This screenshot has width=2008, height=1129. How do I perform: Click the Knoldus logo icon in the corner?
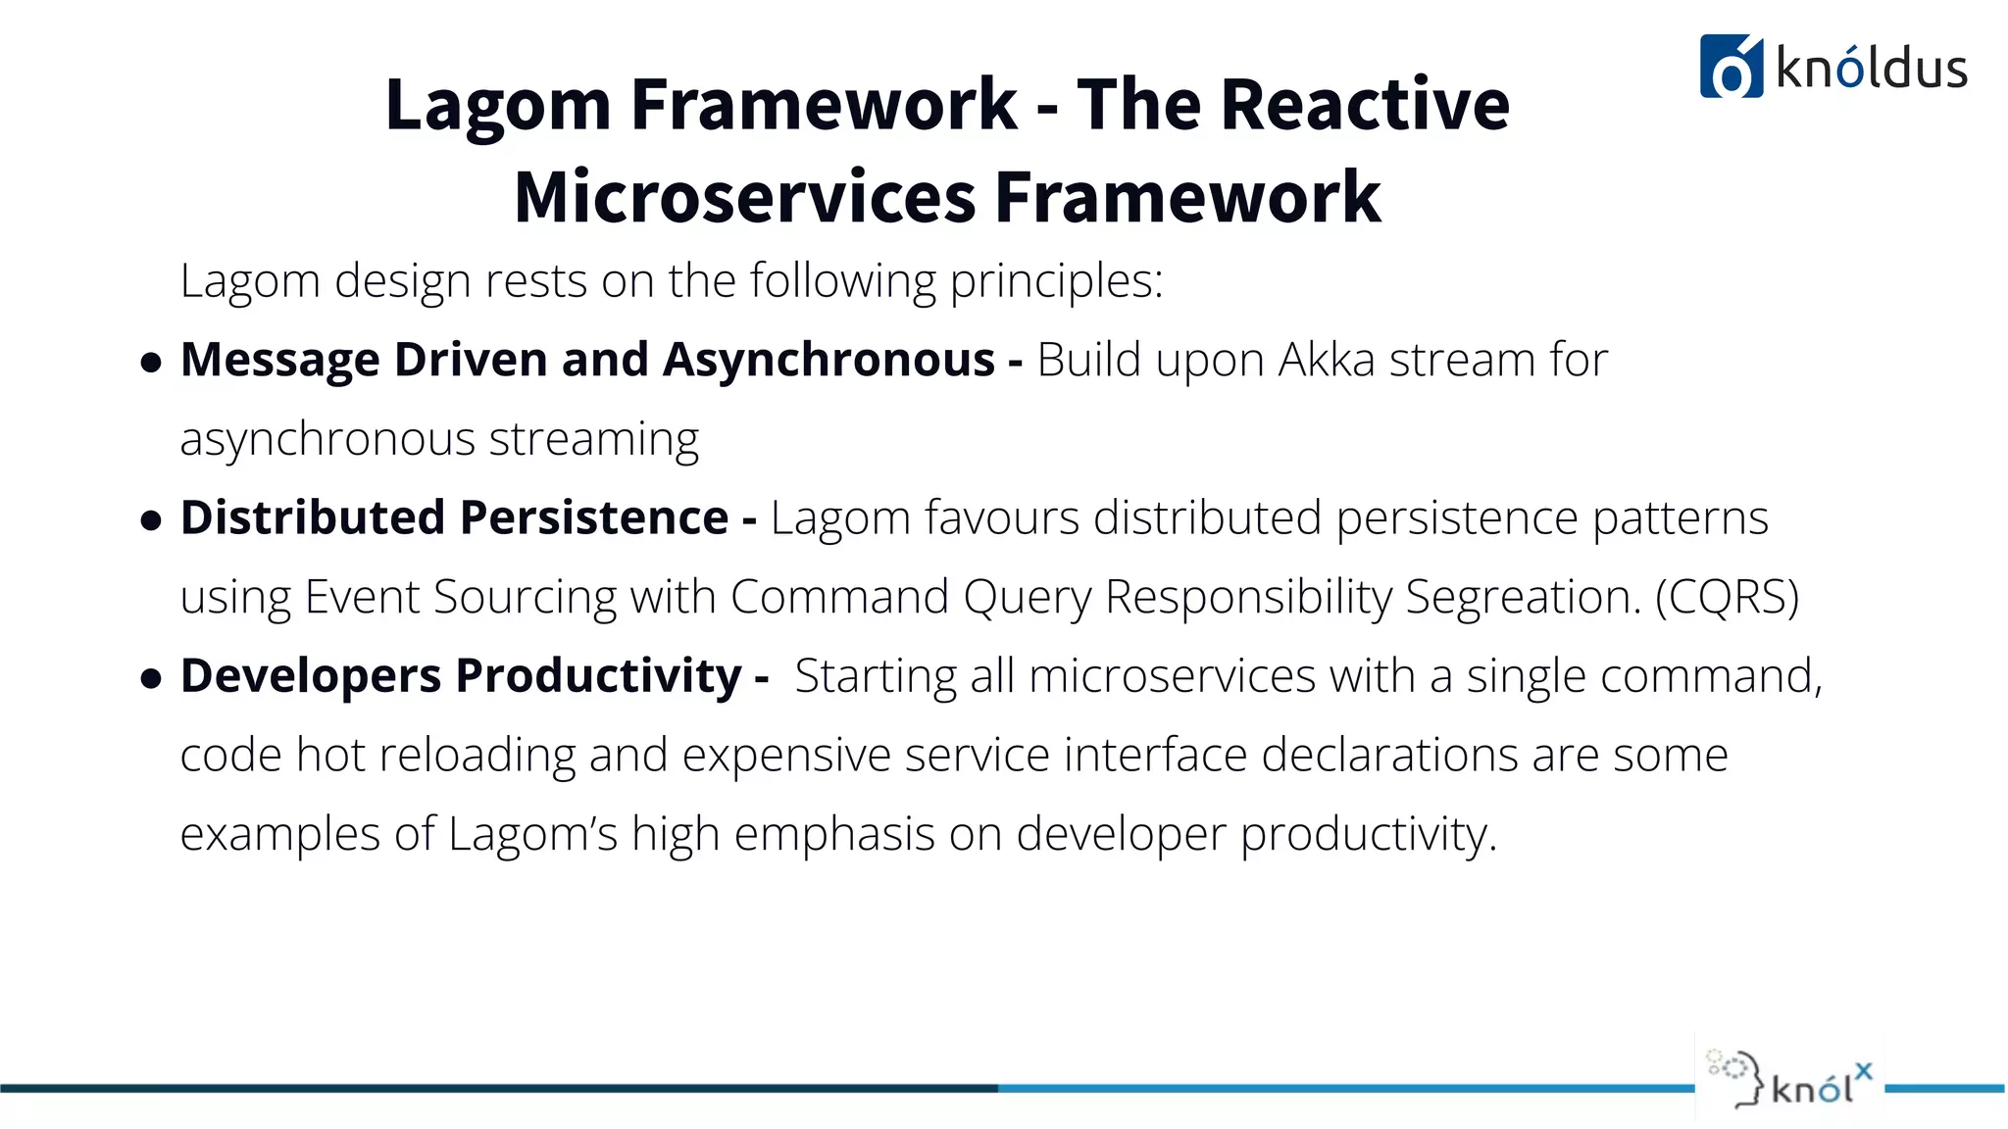1731,67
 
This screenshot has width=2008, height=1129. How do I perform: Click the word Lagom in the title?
498,105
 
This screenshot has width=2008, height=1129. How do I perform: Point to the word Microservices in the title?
744,197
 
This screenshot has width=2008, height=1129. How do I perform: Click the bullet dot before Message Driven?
151,364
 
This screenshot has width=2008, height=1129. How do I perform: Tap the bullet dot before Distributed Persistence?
151,520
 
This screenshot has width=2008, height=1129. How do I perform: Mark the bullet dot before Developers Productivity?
151,678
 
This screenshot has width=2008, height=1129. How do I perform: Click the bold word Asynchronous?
828,360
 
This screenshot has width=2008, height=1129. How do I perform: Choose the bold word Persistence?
594,517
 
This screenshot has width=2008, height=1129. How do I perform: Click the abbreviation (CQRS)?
1727,597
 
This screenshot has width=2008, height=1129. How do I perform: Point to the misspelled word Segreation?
1523,597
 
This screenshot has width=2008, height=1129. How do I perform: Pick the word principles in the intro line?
1055,281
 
